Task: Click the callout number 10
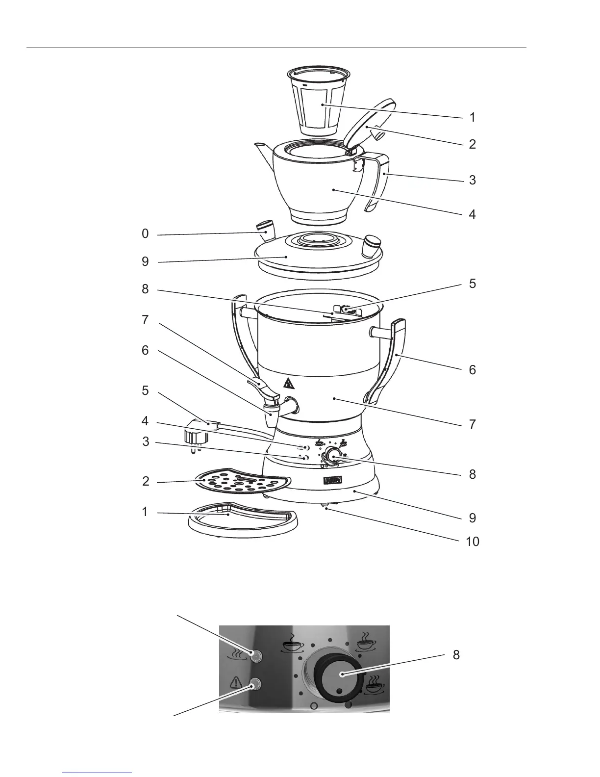point(473,542)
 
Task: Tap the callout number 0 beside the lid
point(145,234)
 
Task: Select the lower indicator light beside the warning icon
point(254,685)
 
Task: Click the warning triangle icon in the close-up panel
point(236,682)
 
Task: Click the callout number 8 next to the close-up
point(456,655)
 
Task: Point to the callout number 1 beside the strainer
point(472,117)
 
